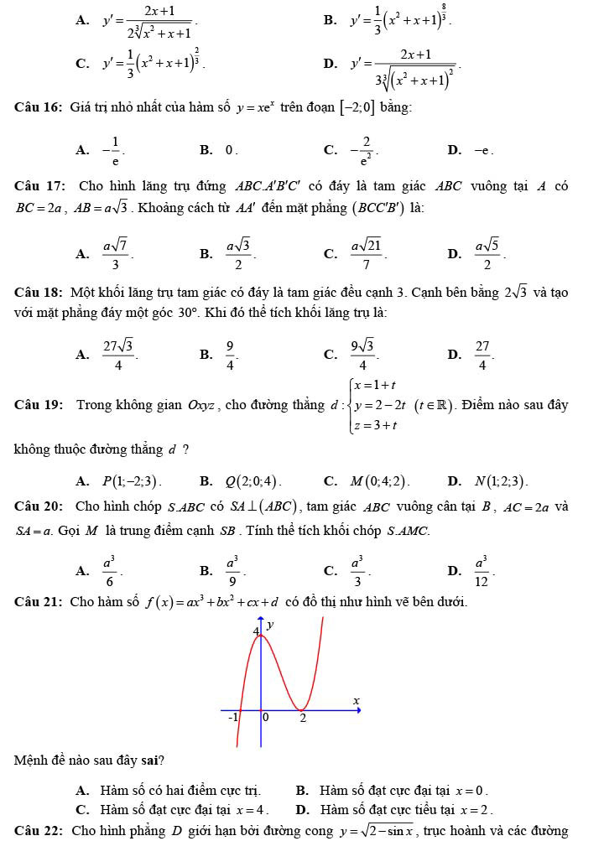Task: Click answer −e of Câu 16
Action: [x=482, y=151]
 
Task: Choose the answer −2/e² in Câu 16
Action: [x=362, y=151]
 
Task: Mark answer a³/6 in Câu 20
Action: [x=109, y=572]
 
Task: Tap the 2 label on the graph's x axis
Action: [x=304, y=719]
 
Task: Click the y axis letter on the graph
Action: [x=271, y=625]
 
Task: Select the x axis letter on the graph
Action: [x=355, y=700]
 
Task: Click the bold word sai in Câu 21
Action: [x=151, y=761]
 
